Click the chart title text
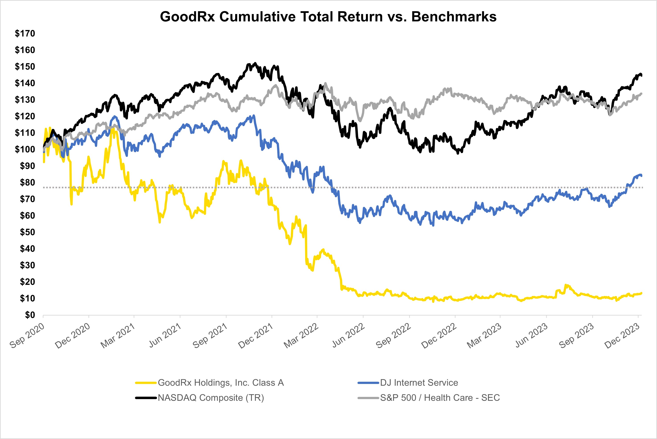coord(328,17)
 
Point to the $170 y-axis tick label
coord(25,34)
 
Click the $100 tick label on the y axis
coord(25,149)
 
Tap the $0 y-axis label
coord(30,315)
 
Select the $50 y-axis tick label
coord(27,232)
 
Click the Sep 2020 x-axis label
coord(27,335)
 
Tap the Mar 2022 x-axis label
coord(301,335)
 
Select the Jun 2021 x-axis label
coord(165,335)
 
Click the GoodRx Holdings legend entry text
coord(221,383)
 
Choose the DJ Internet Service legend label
coord(419,383)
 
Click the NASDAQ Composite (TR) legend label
coord(211,398)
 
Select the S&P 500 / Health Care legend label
coord(440,398)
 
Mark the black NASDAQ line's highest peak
coord(255,64)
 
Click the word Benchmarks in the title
coord(454,17)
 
